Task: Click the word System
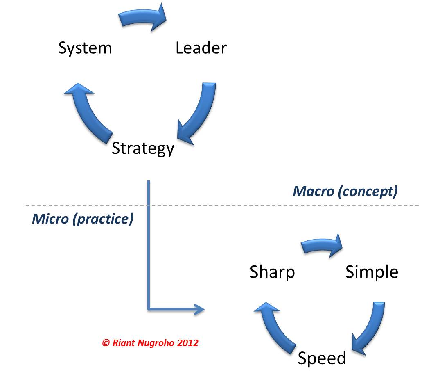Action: pyautogui.click(x=85, y=48)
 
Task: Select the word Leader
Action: pyautogui.click(x=201, y=48)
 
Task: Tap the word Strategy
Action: pyautogui.click(x=143, y=148)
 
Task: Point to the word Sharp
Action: pyautogui.click(x=272, y=272)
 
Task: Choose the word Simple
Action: pyautogui.click(x=372, y=272)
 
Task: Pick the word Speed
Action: pyautogui.click(x=322, y=358)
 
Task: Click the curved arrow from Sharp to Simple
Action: pyautogui.click(x=322, y=244)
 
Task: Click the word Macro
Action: pyautogui.click(x=314, y=192)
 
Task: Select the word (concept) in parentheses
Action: pyautogui.click(x=368, y=192)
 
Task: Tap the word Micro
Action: pyautogui.click(x=50, y=219)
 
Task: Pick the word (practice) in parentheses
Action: pyautogui.click(x=103, y=219)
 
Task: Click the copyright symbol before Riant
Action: pyautogui.click(x=106, y=343)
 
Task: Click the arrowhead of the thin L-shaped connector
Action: pyautogui.click(x=200, y=309)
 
